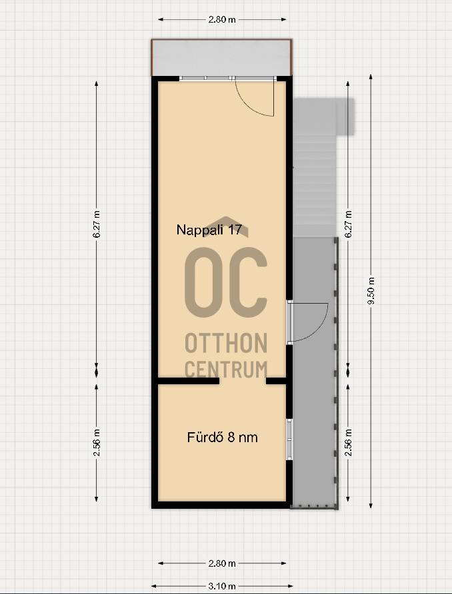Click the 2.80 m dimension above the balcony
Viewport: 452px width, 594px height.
pyautogui.click(x=222, y=19)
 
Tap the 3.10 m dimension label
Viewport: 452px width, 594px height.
pyautogui.click(x=222, y=587)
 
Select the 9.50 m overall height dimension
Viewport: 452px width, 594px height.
pyautogui.click(x=371, y=290)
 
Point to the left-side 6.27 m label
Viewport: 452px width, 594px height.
pyautogui.click(x=97, y=224)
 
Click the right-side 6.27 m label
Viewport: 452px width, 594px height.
pyautogui.click(x=349, y=224)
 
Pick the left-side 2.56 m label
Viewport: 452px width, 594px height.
pyautogui.click(x=97, y=442)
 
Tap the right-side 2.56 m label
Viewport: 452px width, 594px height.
pyautogui.click(x=349, y=442)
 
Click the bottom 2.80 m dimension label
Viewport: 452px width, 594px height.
pyautogui.click(x=222, y=563)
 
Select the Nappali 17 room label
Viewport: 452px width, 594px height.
pyautogui.click(x=209, y=230)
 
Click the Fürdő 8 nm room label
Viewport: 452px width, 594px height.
pyautogui.click(x=222, y=438)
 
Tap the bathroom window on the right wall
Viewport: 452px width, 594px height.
pyautogui.click(x=290, y=439)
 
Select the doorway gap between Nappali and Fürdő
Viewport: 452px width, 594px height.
pyautogui.click(x=243, y=381)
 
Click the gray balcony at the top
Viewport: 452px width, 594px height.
pyautogui.click(x=221, y=57)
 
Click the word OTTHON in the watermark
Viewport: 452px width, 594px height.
pyautogui.click(x=226, y=343)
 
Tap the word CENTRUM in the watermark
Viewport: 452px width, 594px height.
pyautogui.click(x=226, y=369)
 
